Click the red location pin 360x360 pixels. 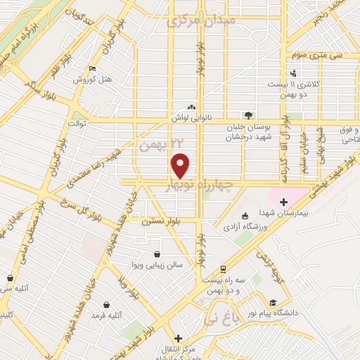click(x=181, y=165)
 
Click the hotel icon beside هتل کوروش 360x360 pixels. click(x=92, y=69)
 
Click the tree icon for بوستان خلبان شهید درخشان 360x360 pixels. click(x=247, y=115)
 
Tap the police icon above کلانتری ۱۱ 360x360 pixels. click(x=292, y=73)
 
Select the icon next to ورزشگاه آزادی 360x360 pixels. click(x=245, y=216)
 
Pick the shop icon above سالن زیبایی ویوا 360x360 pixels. click(x=155, y=255)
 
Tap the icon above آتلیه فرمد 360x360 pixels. click(x=105, y=305)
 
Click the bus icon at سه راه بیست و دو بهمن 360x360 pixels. click(x=223, y=269)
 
